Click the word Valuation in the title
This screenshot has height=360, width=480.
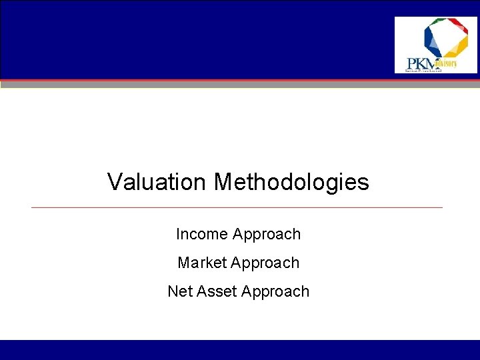tap(157, 182)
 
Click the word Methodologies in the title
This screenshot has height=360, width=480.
tap(291, 182)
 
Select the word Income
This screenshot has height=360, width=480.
tap(201, 235)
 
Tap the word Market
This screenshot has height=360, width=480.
tap(202, 263)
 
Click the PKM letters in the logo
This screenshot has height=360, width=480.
tap(421, 64)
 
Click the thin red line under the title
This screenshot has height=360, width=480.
tap(237, 207)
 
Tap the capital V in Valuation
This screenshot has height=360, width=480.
tap(115, 182)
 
